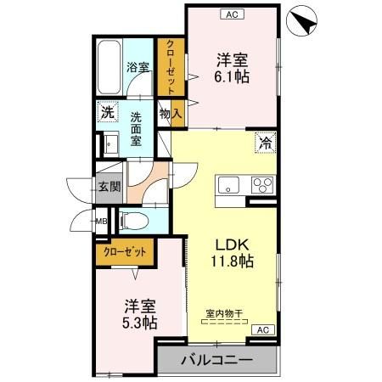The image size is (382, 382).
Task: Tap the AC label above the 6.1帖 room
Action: [229, 14]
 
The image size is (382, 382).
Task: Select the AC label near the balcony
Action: [262, 329]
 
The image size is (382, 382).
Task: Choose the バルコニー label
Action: [216, 361]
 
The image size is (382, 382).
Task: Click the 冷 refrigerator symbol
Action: [266, 143]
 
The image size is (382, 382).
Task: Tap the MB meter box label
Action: [100, 223]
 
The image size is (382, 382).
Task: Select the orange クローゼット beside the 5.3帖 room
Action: [125, 250]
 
